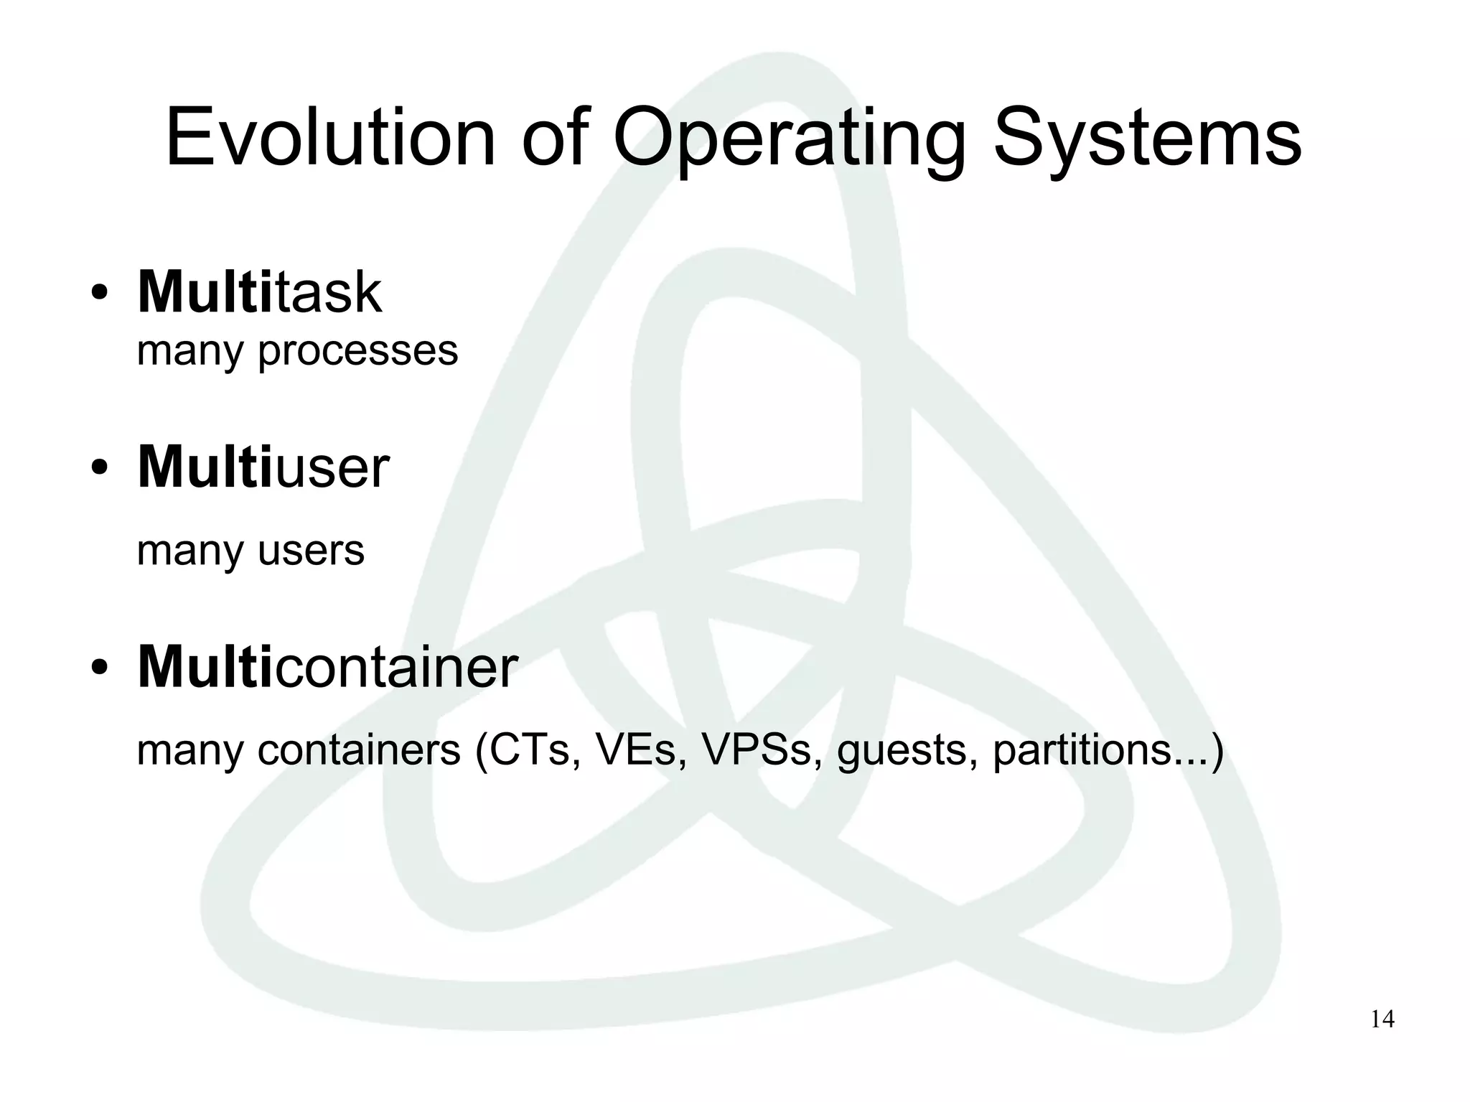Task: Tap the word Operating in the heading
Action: [x=789, y=138]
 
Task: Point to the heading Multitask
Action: [x=259, y=292]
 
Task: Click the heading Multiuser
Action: [x=263, y=467]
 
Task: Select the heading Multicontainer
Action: [x=327, y=667]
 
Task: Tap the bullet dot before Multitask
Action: [x=100, y=294]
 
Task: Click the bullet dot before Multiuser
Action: [x=100, y=469]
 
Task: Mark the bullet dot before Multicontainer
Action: [x=100, y=668]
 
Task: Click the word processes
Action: [x=357, y=352]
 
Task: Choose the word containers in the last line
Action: [x=358, y=750]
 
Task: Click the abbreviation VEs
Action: [x=641, y=750]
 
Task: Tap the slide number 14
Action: [x=1382, y=1020]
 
